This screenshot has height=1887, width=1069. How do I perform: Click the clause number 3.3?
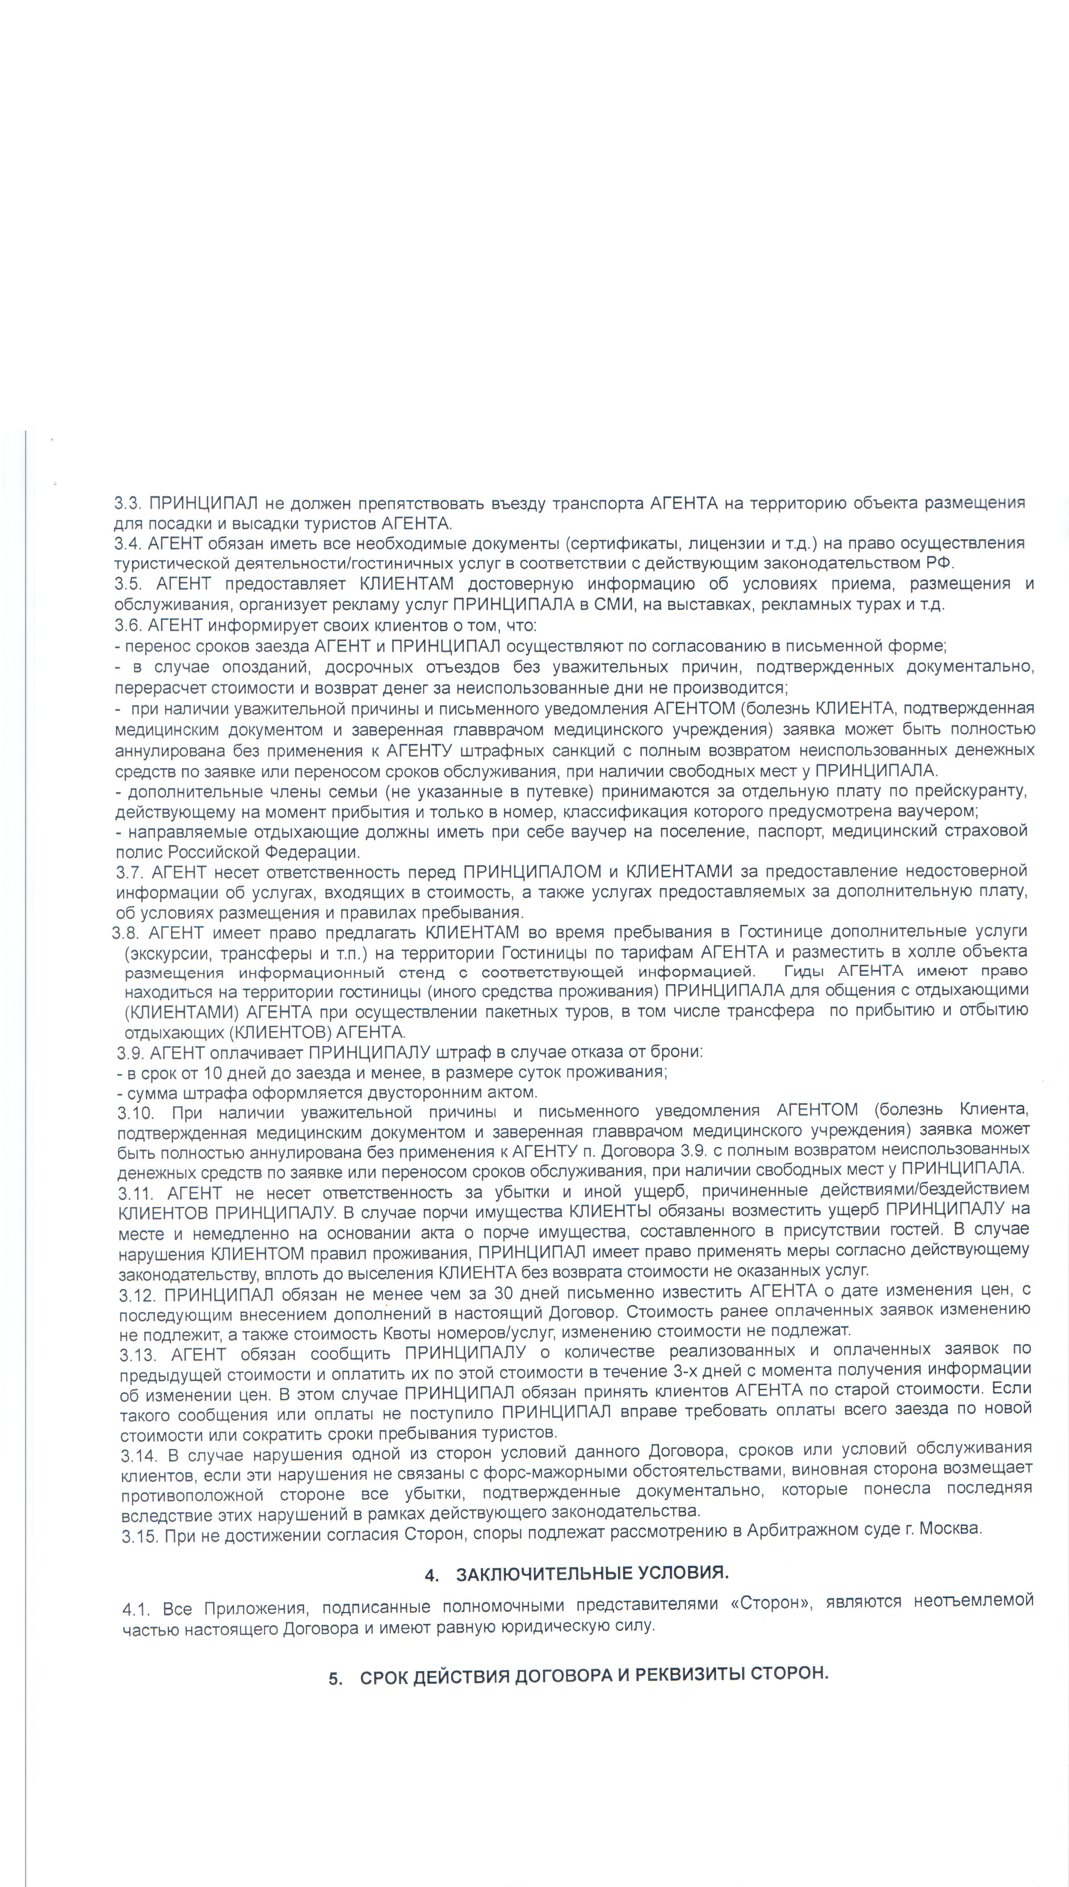click(128, 504)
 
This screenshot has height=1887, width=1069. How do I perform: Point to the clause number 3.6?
click(128, 625)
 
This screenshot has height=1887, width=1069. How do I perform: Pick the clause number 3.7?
click(131, 872)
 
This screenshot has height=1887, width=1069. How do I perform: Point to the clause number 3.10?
click(135, 1112)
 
